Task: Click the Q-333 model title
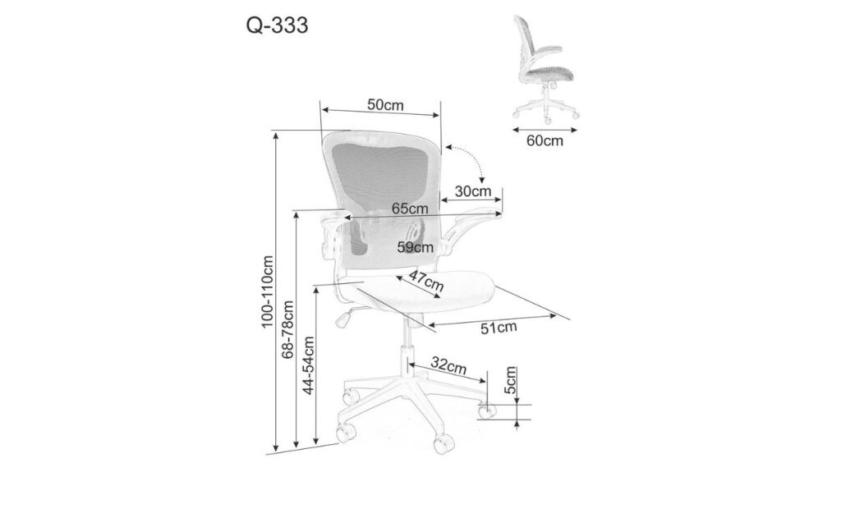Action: click(278, 25)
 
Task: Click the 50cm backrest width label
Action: click(385, 104)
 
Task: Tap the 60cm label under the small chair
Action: click(545, 140)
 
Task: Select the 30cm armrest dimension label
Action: click(473, 191)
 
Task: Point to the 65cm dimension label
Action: click(410, 208)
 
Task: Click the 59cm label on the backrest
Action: click(415, 247)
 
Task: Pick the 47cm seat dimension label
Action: click(426, 281)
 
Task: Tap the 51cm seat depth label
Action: click(499, 328)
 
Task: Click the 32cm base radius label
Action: click(449, 366)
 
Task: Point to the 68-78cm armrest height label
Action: click(288, 329)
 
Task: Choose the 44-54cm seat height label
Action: click(309, 365)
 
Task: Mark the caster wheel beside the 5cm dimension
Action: click(488, 411)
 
